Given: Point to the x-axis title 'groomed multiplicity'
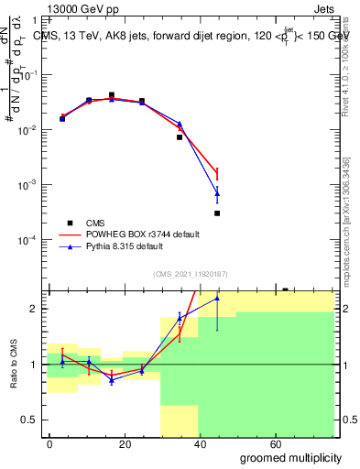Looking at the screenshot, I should (x=290, y=456).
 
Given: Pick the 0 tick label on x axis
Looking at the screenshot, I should (x=50, y=442).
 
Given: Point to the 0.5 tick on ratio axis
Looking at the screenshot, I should (x=33, y=420).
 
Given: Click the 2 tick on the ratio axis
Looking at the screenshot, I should (x=37, y=309).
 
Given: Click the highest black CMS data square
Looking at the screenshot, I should (x=112, y=95).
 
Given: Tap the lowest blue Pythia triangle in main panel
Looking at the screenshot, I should (x=217, y=193).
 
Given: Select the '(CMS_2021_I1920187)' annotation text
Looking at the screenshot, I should (x=190, y=273).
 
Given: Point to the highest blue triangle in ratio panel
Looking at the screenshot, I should (x=217, y=298).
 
